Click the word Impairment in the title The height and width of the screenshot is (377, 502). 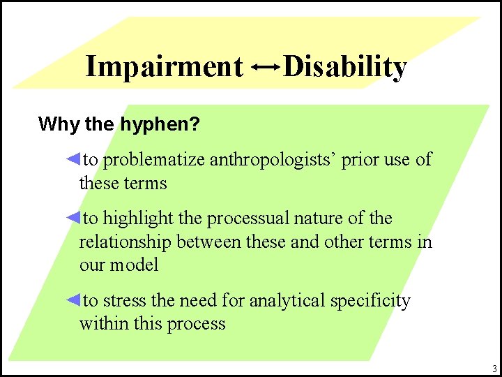[x=163, y=67]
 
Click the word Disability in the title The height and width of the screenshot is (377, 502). [x=345, y=67]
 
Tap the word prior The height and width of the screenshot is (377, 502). [x=361, y=160]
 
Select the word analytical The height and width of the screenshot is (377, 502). [x=287, y=301]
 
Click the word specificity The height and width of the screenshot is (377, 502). [x=370, y=301]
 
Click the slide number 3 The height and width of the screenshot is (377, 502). [x=494, y=369]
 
